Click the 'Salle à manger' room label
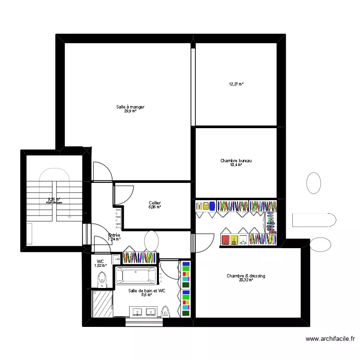coord(130,107)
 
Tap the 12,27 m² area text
coord(236,84)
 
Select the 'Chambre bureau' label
coord(236,161)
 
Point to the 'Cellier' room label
coord(155,203)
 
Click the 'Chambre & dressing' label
coord(246,276)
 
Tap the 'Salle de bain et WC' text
coord(147,290)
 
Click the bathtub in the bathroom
coord(136,276)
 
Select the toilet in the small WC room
coord(102,279)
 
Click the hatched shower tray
coord(102,303)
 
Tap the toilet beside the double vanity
coord(166,311)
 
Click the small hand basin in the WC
coord(116,259)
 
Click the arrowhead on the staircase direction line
coord(70,217)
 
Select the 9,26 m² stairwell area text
coord(54,199)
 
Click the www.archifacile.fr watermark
coord(330,338)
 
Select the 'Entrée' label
coord(114,235)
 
